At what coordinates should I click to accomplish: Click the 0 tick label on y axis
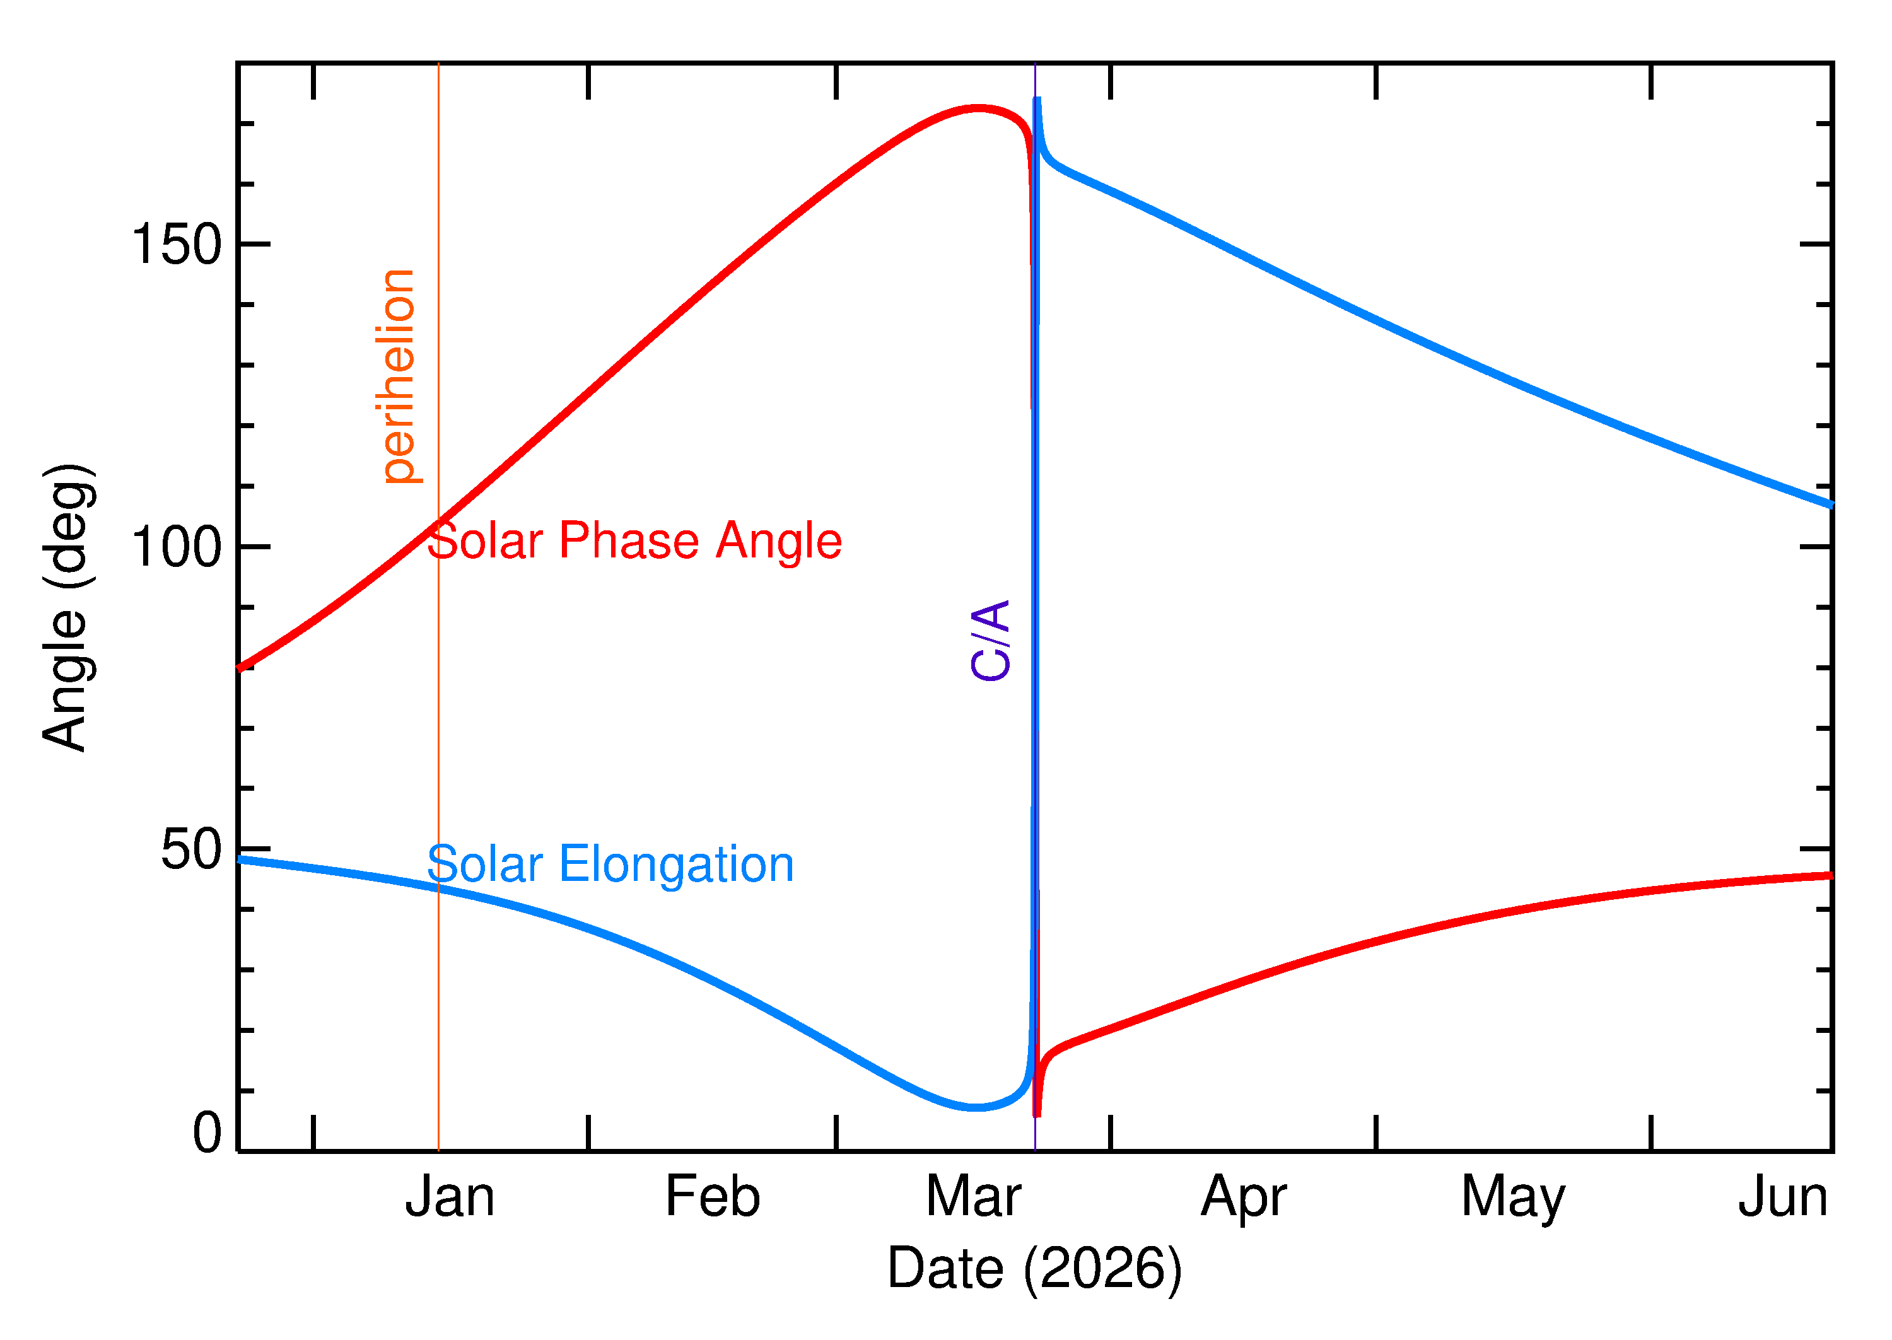[207, 1133]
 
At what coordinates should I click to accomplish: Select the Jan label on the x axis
[450, 1197]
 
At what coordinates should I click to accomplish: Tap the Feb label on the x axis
[712, 1197]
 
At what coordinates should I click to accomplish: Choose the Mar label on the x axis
[974, 1197]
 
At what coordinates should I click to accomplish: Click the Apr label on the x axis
[1244, 1199]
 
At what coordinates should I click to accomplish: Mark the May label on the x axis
[1512, 1199]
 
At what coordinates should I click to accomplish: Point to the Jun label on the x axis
[1782, 1197]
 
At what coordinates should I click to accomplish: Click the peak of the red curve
[978, 108]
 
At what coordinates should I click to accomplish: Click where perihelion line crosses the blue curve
[439, 888]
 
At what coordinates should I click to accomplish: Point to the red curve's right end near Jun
[1828, 875]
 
